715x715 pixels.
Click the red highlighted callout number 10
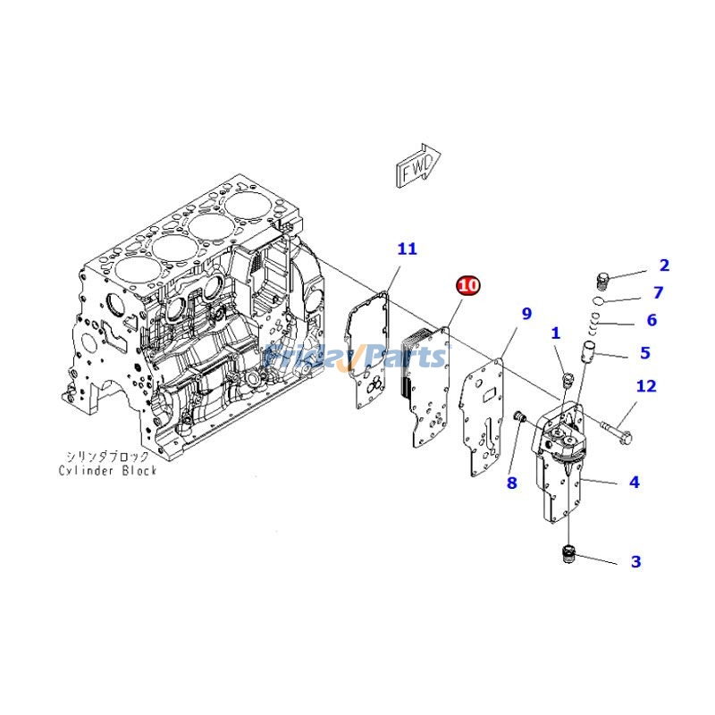(x=468, y=285)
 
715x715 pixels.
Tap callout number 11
(x=407, y=249)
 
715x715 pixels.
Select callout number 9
(x=526, y=314)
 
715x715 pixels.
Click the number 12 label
(x=646, y=386)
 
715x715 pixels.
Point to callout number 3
(x=635, y=562)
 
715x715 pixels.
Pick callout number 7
(x=658, y=292)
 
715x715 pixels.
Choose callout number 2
(x=664, y=265)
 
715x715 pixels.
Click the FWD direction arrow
(x=416, y=168)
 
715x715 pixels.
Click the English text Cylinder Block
(x=108, y=470)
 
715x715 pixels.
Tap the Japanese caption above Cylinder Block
(x=108, y=456)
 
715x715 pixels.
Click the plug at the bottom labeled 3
(x=566, y=555)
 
